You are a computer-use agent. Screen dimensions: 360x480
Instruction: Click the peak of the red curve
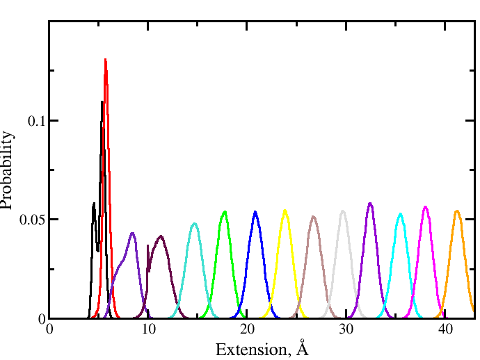pyautogui.click(x=105, y=60)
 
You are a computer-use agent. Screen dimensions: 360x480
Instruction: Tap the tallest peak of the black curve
pyautogui.click(x=102, y=103)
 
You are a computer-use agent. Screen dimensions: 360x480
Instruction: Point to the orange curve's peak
pyautogui.click(x=457, y=211)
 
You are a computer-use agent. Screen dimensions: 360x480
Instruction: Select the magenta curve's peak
pyautogui.click(x=426, y=206)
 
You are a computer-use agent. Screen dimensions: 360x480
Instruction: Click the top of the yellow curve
pyautogui.click(x=285, y=211)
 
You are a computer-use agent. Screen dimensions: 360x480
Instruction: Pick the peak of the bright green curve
pyautogui.click(x=225, y=211)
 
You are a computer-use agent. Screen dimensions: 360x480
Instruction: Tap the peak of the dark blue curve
pyautogui.click(x=255, y=212)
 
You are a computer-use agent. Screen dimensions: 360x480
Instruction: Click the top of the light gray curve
pyautogui.click(x=343, y=211)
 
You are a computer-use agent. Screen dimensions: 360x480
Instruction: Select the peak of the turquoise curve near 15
pyautogui.click(x=195, y=224)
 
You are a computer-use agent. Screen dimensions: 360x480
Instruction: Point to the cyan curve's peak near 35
pyautogui.click(x=400, y=213)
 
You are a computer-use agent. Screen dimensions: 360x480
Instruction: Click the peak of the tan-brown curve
pyautogui.click(x=314, y=217)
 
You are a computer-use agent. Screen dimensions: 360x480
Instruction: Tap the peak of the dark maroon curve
pyautogui.click(x=161, y=236)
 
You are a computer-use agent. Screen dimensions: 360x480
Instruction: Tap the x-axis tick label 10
pyautogui.click(x=148, y=329)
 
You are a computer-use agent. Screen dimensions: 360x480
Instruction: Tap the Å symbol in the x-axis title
pyautogui.click(x=302, y=347)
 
